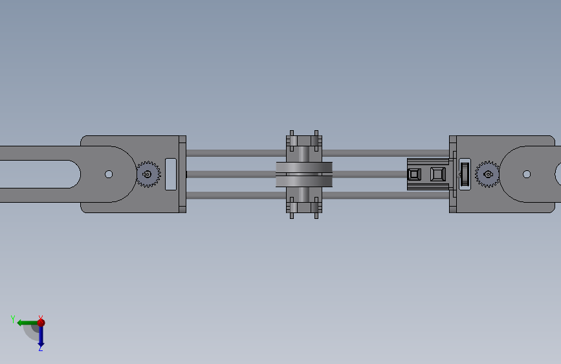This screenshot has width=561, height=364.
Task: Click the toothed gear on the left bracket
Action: pos(148,174)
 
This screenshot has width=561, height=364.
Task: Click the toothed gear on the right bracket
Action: pos(488,174)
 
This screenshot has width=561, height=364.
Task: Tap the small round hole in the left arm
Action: pos(109,174)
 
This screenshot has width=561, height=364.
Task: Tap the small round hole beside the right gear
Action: pos(527,174)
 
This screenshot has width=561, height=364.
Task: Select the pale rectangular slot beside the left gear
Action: pos(171,174)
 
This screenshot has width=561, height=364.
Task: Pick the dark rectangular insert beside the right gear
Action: pos(465,174)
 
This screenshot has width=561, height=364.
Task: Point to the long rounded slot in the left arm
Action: pos(40,174)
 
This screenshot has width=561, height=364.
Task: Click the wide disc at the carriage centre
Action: pos(304,174)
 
